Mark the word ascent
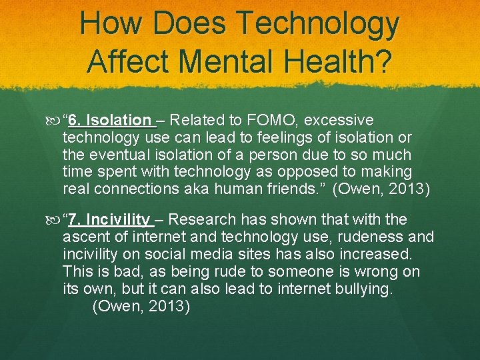pyautogui.click(x=83, y=237)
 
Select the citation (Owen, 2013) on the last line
pyautogui.click(x=141, y=306)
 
